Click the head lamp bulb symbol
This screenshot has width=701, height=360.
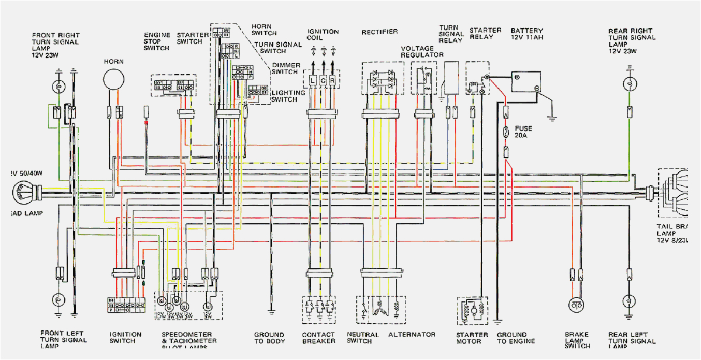tap(25, 191)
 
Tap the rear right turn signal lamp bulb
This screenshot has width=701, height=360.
tap(629, 85)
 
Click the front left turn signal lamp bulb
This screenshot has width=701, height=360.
tap(58, 300)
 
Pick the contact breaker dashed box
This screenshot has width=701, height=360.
tap(319, 309)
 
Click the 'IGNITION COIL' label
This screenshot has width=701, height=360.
tap(323, 35)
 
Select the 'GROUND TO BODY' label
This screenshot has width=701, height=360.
tap(269, 338)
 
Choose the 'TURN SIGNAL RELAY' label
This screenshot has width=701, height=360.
tap(451, 34)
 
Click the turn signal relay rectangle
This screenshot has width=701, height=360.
tap(452, 77)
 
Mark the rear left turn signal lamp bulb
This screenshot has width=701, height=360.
tap(629, 302)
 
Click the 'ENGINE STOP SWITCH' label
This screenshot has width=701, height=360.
tap(157, 41)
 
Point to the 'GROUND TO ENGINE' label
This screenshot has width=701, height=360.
tap(512, 338)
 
